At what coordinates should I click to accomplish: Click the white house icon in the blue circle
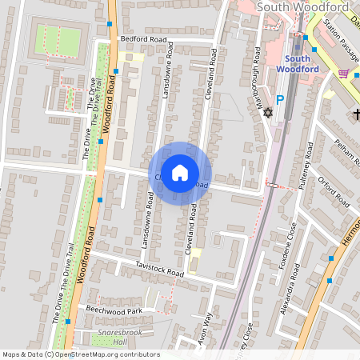tap(180, 172)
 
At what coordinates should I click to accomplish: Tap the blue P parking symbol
tap(280, 101)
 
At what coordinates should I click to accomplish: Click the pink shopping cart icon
tap(344, 74)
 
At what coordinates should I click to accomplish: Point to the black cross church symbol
tap(356, 115)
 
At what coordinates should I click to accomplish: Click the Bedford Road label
tap(143, 38)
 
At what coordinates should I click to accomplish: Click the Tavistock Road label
tap(160, 269)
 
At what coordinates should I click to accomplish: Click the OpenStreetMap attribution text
tap(81, 354)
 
